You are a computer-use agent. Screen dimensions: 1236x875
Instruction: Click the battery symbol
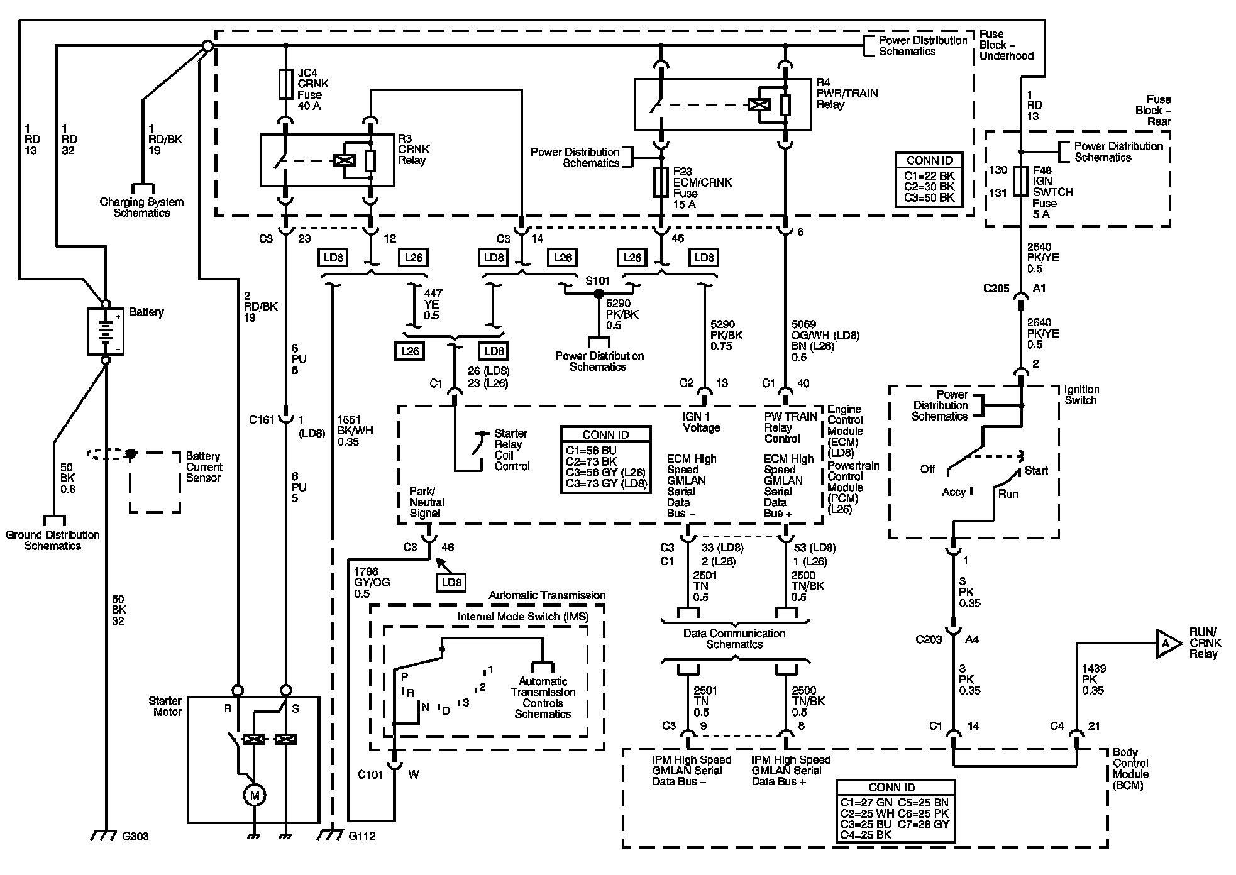click(x=106, y=331)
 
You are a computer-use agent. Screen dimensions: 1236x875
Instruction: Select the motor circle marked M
click(x=255, y=795)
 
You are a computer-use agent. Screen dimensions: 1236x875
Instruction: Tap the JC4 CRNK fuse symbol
click(x=285, y=84)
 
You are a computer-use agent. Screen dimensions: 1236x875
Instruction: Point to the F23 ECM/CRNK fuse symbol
click(x=661, y=183)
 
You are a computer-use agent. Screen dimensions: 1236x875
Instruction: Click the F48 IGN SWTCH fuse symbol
click(x=1021, y=181)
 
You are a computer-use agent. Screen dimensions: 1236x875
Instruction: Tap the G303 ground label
click(x=135, y=837)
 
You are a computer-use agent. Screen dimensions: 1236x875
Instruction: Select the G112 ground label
click(x=361, y=837)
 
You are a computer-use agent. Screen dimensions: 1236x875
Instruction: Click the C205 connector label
click(x=996, y=289)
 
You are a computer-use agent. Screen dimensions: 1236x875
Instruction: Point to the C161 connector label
click(x=262, y=420)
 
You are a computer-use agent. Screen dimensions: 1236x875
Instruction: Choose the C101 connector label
click(x=370, y=774)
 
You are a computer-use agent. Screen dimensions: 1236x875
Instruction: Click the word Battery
click(x=146, y=312)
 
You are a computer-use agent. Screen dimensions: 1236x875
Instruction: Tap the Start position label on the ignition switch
click(x=1036, y=470)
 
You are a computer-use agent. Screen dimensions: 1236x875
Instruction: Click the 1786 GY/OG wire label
click(x=372, y=583)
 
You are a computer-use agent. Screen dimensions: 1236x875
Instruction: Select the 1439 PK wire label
click(x=1094, y=680)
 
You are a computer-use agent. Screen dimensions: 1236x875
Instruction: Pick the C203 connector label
click(x=929, y=639)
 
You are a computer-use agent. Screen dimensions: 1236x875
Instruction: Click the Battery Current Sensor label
click(x=204, y=467)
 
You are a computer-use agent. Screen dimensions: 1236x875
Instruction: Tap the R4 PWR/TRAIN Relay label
click(x=847, y=93)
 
